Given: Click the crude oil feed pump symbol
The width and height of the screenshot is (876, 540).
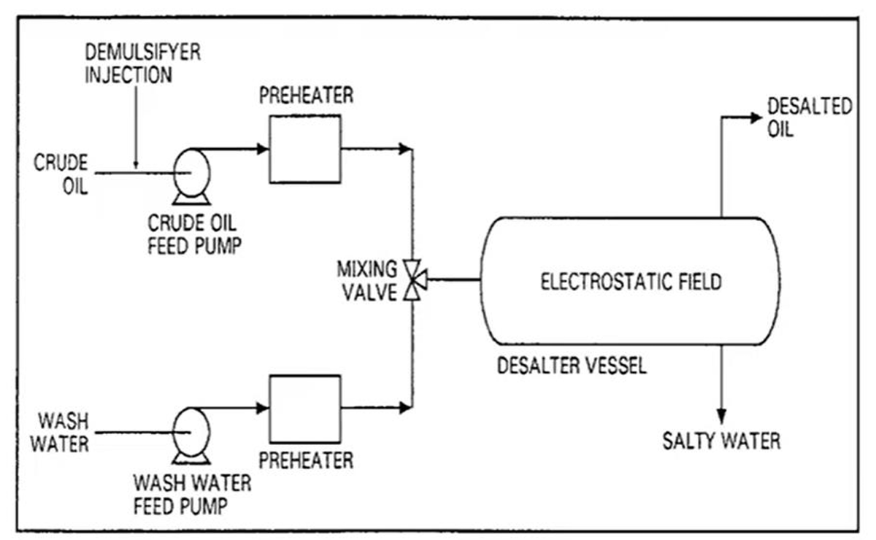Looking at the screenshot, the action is tap(191, 177).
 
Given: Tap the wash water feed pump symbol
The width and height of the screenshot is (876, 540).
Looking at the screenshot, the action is tap(191, 436).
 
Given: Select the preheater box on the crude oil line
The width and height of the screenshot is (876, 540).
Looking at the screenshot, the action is tap(305, 149).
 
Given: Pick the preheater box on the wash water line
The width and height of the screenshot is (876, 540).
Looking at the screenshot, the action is tap(305, 409).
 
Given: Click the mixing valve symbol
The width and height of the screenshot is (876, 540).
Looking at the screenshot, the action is tap(415, 279).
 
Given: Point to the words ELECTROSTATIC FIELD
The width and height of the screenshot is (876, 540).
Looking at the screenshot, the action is tap(631, 282).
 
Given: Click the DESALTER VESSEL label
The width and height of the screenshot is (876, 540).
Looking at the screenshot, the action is tap(572, 366).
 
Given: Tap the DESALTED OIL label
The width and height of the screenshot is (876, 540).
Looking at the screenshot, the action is tap(809, 117).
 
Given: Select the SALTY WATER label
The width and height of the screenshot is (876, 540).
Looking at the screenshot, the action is tap(721, 441).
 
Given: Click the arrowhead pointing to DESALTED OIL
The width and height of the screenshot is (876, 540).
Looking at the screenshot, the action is tap(756, 117).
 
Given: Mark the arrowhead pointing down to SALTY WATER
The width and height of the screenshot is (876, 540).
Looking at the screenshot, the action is tap(721, 416).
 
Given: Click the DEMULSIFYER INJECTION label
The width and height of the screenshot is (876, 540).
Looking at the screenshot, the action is tap(143, 63).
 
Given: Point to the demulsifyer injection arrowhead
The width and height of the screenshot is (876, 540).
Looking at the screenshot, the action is tap(136, 165).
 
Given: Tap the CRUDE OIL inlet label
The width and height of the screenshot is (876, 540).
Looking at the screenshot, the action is tap(61, 174).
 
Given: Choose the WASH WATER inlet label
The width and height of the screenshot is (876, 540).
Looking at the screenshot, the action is tap(60, 433).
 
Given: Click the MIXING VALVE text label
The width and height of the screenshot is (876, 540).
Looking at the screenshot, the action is tap(367, 280).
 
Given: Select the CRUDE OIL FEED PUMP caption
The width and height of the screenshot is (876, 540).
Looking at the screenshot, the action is tap(194, 235).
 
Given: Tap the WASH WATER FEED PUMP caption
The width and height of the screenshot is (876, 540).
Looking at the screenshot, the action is tap(193, 494).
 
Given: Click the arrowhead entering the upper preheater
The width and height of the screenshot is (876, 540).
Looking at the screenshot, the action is tap(262, 149).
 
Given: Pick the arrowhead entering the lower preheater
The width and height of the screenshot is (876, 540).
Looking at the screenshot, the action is tap(262, 408).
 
